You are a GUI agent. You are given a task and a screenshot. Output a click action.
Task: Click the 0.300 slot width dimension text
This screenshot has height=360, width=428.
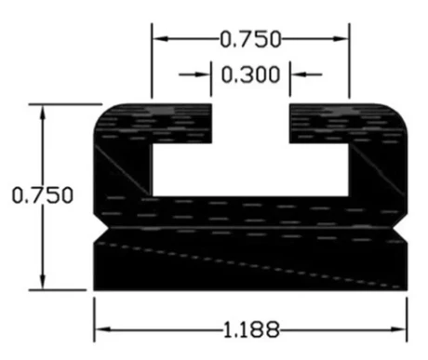250,74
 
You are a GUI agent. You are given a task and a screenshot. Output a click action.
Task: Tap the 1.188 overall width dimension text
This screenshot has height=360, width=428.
251,329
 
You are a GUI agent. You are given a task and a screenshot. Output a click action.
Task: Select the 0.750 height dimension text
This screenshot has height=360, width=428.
43,195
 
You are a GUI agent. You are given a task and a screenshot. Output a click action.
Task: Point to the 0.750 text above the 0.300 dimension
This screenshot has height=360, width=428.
250,39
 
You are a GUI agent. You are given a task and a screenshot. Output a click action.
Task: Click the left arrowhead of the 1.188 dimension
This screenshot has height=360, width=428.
102,329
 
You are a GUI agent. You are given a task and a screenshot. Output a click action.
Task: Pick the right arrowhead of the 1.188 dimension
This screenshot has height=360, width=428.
399,329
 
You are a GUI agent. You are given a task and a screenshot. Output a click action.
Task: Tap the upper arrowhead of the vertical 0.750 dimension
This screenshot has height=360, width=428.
43,113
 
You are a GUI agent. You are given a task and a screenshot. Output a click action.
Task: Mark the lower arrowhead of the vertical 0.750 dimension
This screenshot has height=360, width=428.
43,282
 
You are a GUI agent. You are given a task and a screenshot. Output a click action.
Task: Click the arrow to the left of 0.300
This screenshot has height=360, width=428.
194,74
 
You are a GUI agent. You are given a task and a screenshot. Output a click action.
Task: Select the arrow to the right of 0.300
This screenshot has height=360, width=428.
306,74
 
